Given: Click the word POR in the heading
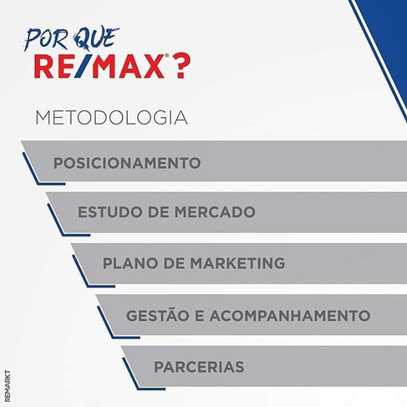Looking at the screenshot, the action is coord(46,39).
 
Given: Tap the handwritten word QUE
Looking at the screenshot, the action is coord(95,38).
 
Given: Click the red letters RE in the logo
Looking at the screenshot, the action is coord(52,66).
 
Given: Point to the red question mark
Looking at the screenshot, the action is coord(181,66).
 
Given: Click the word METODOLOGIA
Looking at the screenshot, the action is coord(112,118).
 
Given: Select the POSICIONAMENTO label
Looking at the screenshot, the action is coord(127,163).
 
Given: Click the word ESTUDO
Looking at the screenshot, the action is coord(111,212).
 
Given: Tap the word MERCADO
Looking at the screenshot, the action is coord(215,212).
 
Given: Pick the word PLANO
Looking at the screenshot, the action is coord(130,263).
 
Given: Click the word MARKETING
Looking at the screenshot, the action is coord(237,263).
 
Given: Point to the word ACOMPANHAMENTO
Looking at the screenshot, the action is coord(290,315).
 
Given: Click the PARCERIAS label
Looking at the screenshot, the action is coord(199,367).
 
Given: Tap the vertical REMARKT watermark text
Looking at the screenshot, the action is coord(8,386).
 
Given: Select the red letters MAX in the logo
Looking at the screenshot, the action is coord(128,66).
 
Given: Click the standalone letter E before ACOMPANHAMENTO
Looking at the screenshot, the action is coord(199,315).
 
